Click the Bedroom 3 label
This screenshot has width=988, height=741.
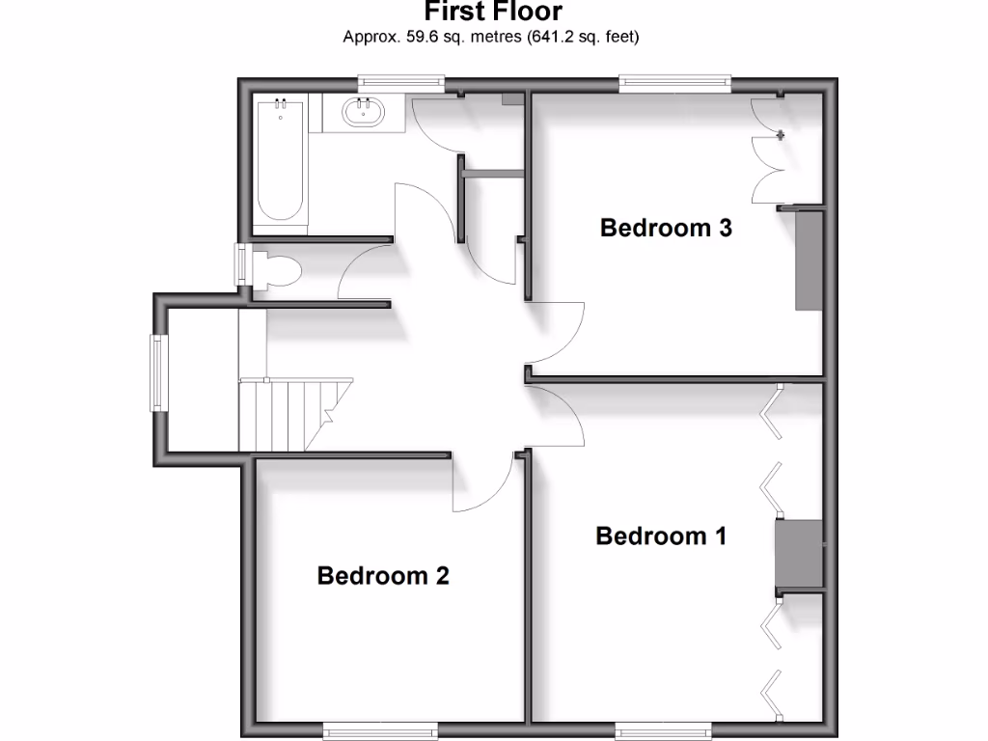coord(666,229)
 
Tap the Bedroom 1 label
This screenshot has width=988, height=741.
coord(661,535)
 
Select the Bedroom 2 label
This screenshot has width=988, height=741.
coord(383,576)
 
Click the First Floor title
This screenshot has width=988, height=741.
coord(493,13)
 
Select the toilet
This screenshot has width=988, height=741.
coord(275,270)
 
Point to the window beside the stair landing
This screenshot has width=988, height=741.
coord(156,372)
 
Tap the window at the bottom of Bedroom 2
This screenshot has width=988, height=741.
coord(367,727)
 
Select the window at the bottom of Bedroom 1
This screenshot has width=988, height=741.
coord(663,727)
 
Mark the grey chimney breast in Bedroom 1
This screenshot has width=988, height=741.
coord(799,554)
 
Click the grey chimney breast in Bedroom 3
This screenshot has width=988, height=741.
coord(808,260)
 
